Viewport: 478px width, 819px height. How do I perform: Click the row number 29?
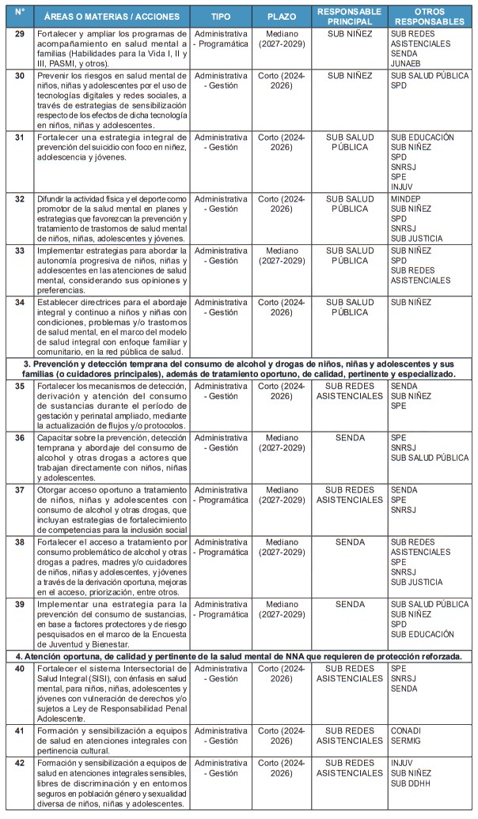20,33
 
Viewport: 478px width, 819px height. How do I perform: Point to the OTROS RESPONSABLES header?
429,17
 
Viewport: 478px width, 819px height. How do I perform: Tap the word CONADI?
407,730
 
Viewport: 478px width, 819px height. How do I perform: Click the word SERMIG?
408,741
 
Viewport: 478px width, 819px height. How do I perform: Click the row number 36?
20,437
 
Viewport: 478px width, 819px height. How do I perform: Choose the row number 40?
20,669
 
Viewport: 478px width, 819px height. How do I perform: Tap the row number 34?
20,302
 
